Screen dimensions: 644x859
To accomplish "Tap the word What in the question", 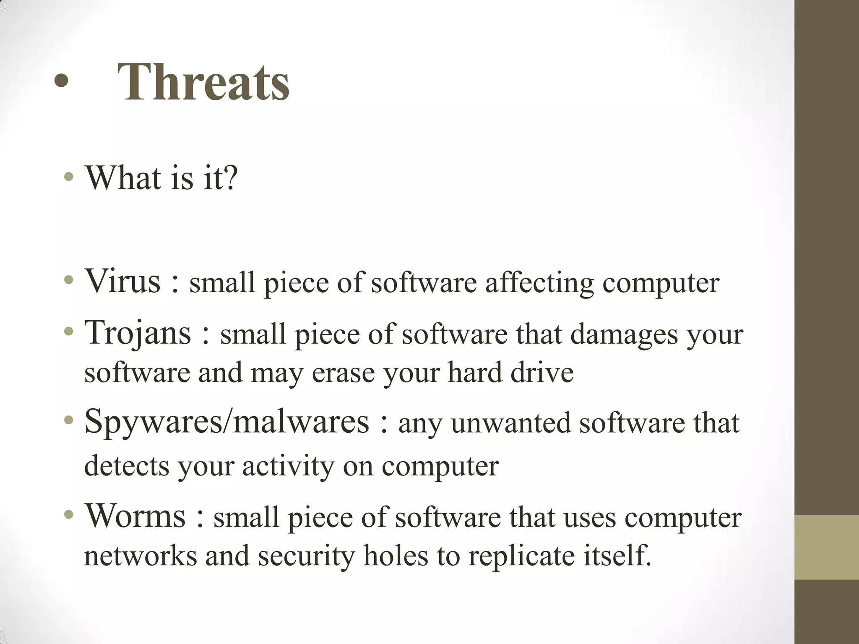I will [x=122, y=178].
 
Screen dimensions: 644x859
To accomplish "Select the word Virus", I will [x=122, y=280].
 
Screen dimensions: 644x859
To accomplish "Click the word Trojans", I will [x=138, y=332].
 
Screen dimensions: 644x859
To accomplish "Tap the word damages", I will [x=624, y=335].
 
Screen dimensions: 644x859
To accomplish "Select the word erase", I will [x=343, y=372].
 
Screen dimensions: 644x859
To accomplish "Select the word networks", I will [x=140, y=556].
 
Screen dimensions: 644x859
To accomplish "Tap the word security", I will [x=306, y=556].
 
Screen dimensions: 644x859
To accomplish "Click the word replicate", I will [x=521, y=556].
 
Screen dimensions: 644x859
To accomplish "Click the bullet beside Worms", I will [x=69, y=515].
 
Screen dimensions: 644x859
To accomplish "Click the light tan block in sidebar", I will [x=827, y=547].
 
